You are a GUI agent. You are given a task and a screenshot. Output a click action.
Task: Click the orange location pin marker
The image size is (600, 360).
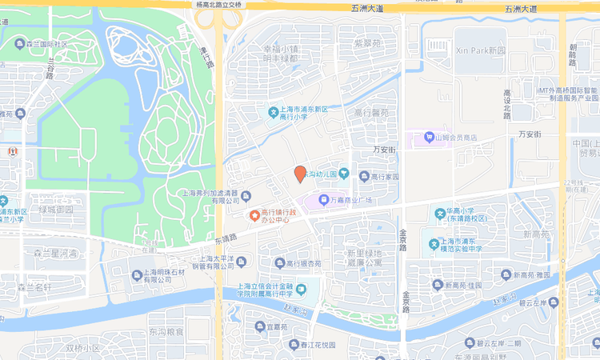click(x=300, y=174)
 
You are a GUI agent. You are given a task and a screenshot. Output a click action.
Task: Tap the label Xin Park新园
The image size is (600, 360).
click(x=481, y=50)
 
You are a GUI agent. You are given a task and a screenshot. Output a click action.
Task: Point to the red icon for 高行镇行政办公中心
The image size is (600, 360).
click(x=255, y=215)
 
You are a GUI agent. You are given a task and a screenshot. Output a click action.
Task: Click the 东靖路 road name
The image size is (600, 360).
click(x=227, y=238)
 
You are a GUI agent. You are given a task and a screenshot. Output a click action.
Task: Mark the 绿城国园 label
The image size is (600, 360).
click(x=56, y=210)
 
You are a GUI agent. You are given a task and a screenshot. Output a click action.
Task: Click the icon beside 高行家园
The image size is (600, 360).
click(x=365, y=176)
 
